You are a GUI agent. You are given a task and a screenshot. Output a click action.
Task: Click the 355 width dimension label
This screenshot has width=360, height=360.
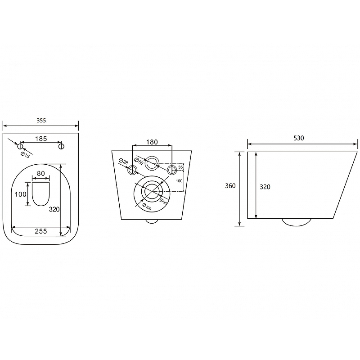point(41,120)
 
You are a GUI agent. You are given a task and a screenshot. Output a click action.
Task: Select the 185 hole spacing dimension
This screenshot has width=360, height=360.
point(41,139)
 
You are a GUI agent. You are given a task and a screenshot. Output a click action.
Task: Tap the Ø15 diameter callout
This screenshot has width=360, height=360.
point(25,155)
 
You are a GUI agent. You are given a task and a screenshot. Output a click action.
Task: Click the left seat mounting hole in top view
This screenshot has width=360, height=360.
point(20,146)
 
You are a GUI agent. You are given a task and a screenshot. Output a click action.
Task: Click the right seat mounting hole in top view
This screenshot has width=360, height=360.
point(61,146)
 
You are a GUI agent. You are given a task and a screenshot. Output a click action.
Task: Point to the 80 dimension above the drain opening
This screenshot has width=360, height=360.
point(41,173)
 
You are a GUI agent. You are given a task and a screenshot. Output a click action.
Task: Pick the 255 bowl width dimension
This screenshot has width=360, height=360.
point(41,231)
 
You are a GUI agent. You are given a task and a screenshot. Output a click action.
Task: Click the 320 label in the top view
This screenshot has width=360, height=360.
point(54,209)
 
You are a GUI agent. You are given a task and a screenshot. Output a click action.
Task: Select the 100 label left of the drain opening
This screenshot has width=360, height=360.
point(20,194)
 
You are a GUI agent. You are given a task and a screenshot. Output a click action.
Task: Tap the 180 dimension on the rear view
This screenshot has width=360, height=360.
point(152,142)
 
